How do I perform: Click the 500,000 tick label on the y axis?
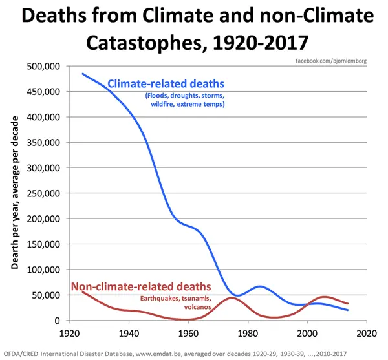click(43, 66)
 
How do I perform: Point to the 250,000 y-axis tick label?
click(43, 193)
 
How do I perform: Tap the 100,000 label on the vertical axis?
click(43, 270)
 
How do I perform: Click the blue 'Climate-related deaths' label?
click(166, 83)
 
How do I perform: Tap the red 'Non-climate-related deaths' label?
click(140, 286)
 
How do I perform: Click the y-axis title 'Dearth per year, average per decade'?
click(14, 194)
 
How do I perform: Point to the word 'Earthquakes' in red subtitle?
click(158, 298)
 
